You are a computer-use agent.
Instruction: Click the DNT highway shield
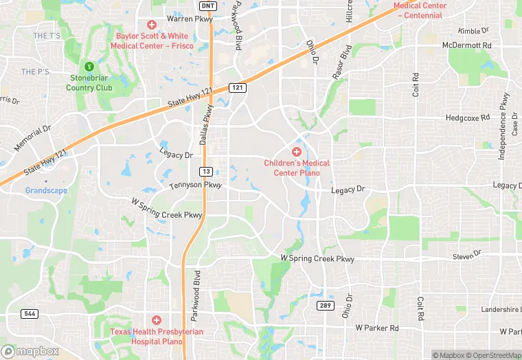point(207,5)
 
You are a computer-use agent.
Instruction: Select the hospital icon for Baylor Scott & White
point(151,25)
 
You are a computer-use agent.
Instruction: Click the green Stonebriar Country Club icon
point(89,67)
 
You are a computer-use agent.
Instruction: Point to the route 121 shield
point(237,88)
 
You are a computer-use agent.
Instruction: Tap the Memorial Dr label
point(33,137)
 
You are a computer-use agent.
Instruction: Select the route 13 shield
point(206,170)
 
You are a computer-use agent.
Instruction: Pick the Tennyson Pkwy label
point(196,185)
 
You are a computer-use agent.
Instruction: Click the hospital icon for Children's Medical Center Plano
point(297,151)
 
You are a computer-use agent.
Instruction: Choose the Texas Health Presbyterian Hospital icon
point(156,320)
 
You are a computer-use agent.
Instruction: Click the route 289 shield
point(325,304)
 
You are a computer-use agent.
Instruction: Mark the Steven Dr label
point(467,256)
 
